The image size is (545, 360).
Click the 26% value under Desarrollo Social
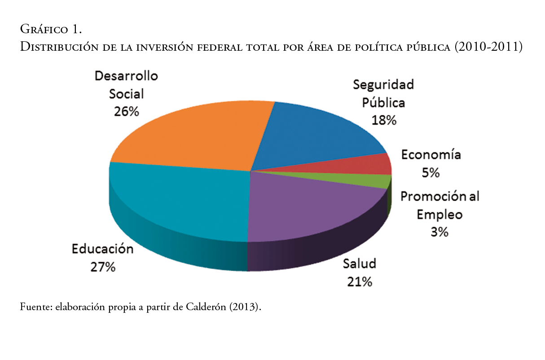point(126,111)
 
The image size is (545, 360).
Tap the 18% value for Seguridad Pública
point(384,120)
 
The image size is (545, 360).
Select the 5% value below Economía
point(431,173)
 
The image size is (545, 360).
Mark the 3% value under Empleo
point(439,232)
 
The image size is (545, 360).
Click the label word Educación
point(103,249)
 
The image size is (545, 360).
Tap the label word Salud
point(359,263)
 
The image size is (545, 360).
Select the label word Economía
point(431,155)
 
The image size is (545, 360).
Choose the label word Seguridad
point(383,84)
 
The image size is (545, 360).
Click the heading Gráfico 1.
point(51,30)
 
